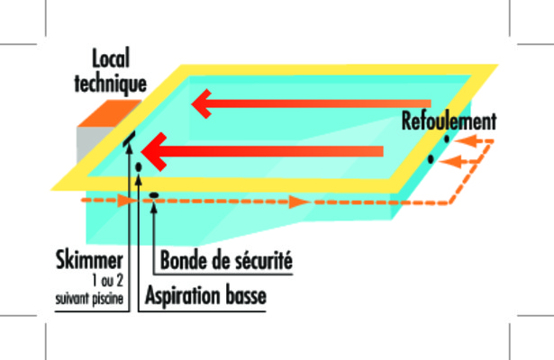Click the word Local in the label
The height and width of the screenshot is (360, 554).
[x=111, y=58]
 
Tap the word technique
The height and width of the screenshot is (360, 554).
[x=111, y=84]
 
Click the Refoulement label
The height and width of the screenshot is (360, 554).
[x=450, y=121]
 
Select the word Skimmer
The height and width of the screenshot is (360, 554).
[x=89, y=260]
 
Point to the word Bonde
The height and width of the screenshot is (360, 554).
[x=184, y=260]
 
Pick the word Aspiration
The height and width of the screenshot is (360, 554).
[x=183, y=296]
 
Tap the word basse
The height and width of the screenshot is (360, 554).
[x=246, y=295]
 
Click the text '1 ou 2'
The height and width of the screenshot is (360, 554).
[x=107, y=281]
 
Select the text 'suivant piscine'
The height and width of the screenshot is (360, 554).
[x=89, y=299]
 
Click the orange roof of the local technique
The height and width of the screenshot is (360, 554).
[x=108, y=112]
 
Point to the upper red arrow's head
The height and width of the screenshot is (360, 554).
[x=202, y=103]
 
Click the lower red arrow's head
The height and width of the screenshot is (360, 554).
[x=154, y=152]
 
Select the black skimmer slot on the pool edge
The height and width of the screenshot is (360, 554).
[x=129, y=139]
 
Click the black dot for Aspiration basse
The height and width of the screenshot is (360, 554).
[x=139, y=166]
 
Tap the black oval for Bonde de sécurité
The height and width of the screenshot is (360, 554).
[x=154, y=194]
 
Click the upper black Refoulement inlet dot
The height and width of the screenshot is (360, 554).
[x=447, y=139]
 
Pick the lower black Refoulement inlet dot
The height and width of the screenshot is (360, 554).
[x=431, y=159]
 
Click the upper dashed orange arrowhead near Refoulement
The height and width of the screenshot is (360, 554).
[x=465, y=141]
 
